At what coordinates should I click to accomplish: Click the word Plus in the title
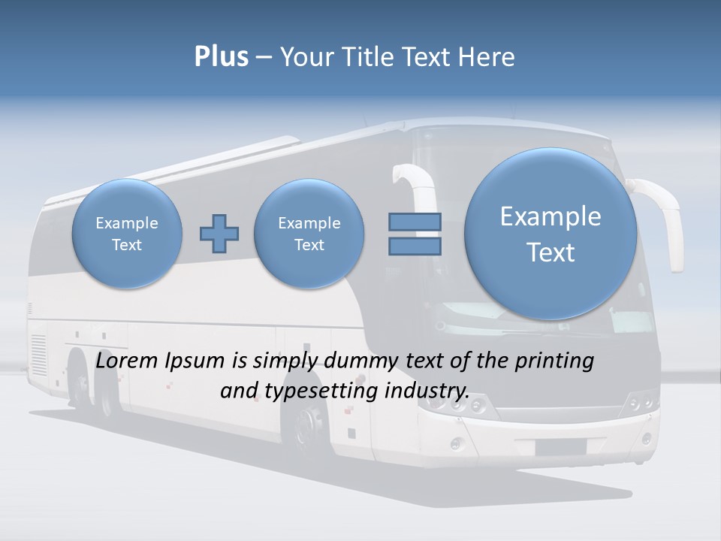point(221,56)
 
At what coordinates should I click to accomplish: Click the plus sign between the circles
point(219,234)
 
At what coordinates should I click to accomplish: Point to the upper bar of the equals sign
point(415,222)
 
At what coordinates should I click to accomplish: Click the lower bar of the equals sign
point(415,246)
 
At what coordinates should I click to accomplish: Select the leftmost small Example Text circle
point(127,233)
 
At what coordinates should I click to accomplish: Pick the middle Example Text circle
point(309,233)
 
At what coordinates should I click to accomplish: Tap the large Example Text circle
point(551,234)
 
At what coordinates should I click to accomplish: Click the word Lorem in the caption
point(128,361)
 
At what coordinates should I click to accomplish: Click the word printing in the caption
point(554,362)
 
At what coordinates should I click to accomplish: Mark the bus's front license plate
point(560,447)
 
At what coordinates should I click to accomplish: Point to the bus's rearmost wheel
point(80,383)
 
